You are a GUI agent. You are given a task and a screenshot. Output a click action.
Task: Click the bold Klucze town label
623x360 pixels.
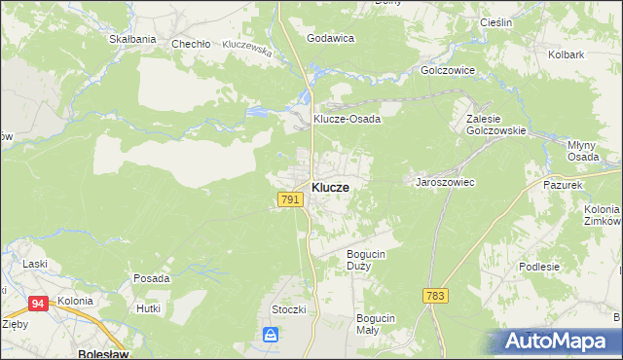pos(331,187)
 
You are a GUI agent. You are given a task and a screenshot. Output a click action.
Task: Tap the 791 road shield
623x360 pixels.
pos(289,199)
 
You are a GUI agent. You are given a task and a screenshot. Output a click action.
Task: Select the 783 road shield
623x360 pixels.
pos(435,295)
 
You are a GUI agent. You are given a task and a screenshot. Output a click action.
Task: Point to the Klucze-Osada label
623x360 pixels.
pos(346,119)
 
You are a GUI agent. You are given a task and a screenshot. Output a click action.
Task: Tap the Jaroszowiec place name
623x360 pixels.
pos(445,182)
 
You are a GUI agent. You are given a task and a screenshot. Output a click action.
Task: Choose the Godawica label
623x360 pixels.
pos(330,38)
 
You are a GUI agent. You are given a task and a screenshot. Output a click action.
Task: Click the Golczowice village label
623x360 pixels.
pos(447,71)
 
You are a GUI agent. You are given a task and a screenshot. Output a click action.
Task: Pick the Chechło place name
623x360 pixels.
pos(191,44)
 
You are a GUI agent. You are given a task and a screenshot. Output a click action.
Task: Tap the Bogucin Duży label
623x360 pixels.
pos(368,260)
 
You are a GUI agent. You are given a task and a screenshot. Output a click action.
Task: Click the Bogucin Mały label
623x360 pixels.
pos(375,324)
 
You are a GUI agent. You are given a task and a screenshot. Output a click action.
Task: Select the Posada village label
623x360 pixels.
pos(151,278)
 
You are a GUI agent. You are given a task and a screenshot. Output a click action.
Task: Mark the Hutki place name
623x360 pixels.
pos(148,307)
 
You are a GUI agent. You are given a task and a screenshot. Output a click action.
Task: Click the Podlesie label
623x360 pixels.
pos(566,267)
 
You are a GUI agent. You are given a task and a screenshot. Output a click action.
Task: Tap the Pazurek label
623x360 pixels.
pos(563,184)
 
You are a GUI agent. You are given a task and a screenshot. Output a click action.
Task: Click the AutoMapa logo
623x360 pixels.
pos(559,342)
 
